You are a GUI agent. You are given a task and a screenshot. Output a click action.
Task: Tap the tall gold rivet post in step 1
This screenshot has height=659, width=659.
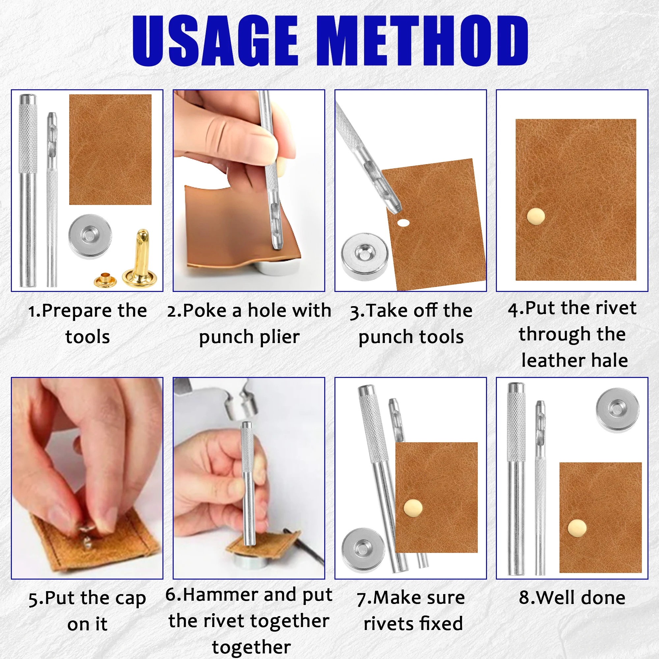click(137, 258)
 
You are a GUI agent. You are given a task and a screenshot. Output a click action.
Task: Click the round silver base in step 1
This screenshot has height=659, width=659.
click(90, 236)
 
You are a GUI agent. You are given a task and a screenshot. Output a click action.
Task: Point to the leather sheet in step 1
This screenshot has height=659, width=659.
click(110, 149)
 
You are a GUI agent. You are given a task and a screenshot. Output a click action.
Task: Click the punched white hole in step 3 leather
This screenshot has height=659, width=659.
click(403, 223)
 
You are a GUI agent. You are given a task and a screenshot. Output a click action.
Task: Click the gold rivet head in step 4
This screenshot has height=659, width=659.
click(535, 216)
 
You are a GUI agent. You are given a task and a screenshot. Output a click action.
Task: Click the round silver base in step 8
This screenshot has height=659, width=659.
click(617, 410)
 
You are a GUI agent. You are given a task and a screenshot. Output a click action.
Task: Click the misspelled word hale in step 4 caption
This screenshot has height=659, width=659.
click(609, 360)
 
